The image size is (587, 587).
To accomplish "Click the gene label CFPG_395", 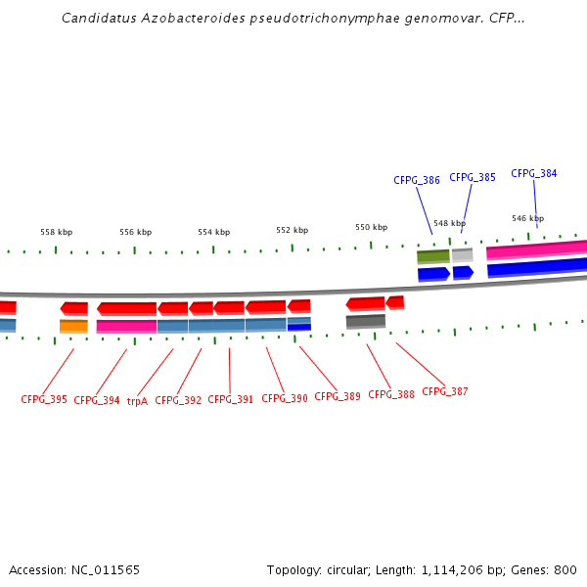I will (x=44, y=400).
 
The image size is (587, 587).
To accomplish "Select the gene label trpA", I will (x=137, y=400).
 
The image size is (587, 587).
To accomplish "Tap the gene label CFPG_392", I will (x=178, y=400).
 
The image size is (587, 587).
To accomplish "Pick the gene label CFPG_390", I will (x=285, y=398).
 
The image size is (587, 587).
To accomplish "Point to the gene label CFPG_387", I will (x=444, y=391).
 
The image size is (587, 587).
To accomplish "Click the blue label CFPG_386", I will (x=417, y=180).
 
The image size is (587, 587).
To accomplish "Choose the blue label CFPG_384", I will (x=534, y=173).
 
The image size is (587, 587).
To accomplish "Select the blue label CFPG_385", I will (x=473, y=177).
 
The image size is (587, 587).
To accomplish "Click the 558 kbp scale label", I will (x=56, y=232).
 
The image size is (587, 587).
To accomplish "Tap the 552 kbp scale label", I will (x=292, y=230).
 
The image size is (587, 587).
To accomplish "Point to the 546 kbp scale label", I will (x=527, y=218).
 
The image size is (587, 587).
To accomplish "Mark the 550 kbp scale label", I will (x=371, y=227).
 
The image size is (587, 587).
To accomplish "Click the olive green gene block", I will (x=432, y=256).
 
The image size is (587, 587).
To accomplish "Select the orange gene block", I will (x=73, y=326).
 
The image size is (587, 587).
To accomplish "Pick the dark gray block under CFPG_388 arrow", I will (x=365, y=321).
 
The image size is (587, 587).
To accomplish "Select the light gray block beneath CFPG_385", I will (x=462, y=254).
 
